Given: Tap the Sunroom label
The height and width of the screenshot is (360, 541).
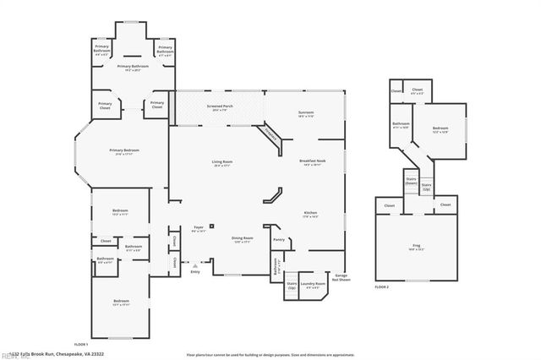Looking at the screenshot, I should click(x=305, y=112).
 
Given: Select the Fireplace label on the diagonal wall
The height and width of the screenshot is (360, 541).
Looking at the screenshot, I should click(x=270, y=134).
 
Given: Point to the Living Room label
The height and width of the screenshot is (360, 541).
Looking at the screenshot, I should click(x=221, y=162).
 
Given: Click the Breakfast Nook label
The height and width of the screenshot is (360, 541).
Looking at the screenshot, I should click(x=311, y=162).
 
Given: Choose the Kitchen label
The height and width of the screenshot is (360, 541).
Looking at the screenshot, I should click(x=310, y=215).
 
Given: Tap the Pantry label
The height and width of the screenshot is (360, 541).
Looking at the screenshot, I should click(x=278, y=239).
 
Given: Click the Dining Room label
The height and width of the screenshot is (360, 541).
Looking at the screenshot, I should click(x=243, y=239).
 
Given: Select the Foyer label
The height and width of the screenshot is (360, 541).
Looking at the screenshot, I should click(x=199, y=229).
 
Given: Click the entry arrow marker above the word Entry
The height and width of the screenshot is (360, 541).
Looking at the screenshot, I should click(x=195, y=265).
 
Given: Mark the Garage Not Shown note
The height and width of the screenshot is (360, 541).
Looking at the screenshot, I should click(x=342, y=276).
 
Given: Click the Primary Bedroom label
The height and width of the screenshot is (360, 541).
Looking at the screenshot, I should click(x=123, y=151).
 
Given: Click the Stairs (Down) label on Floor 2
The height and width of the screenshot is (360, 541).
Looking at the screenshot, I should click(x=412, y=181).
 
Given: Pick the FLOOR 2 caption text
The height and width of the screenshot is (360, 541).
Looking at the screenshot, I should click(x=382, y=287).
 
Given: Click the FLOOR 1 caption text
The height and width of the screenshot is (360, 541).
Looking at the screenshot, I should click(x=81, y=345).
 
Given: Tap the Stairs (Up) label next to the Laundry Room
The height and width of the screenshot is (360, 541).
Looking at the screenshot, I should click(x=292, y=286).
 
